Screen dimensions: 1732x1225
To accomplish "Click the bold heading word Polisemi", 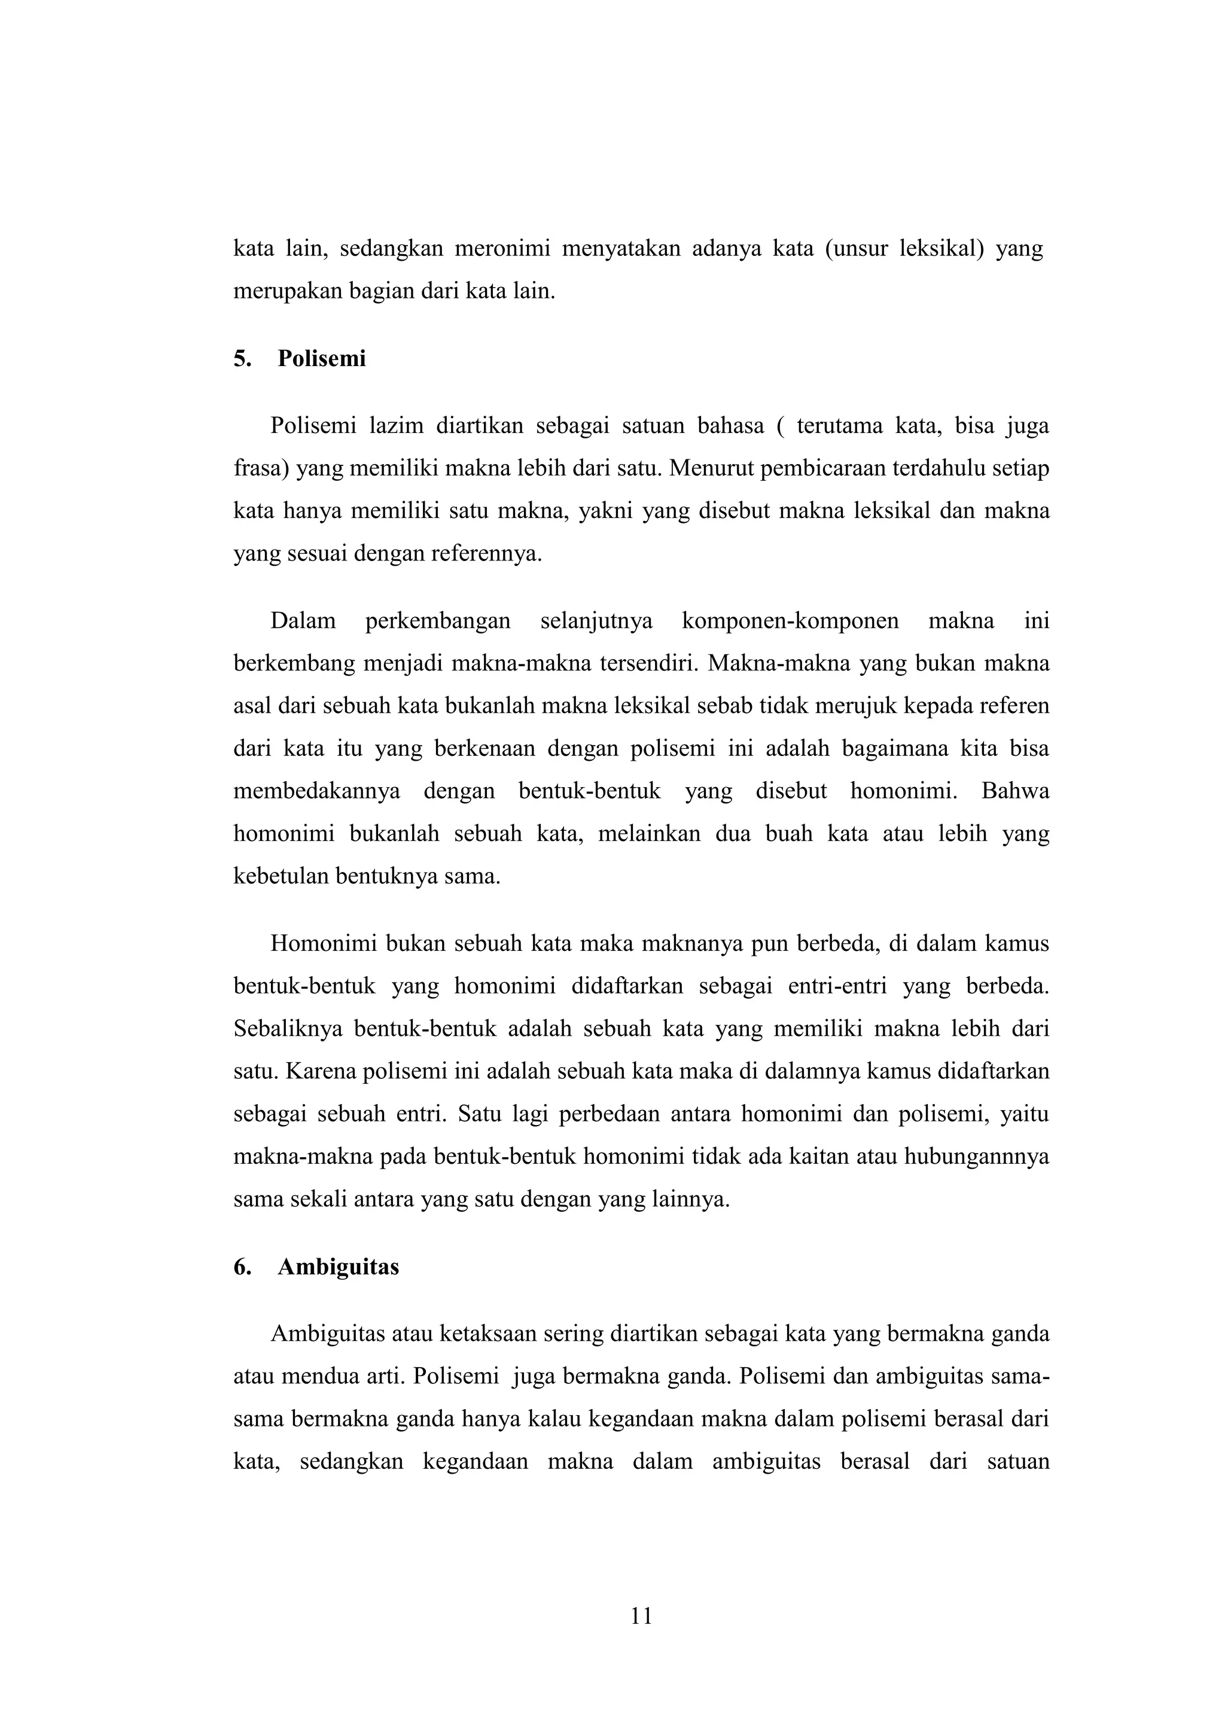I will (321, 359).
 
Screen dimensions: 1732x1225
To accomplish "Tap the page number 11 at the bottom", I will (641, 1616).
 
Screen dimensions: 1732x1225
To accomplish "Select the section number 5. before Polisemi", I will (242, 359).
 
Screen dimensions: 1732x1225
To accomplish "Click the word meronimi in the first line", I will (502, 249).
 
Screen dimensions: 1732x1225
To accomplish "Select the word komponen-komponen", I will (790, 621).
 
